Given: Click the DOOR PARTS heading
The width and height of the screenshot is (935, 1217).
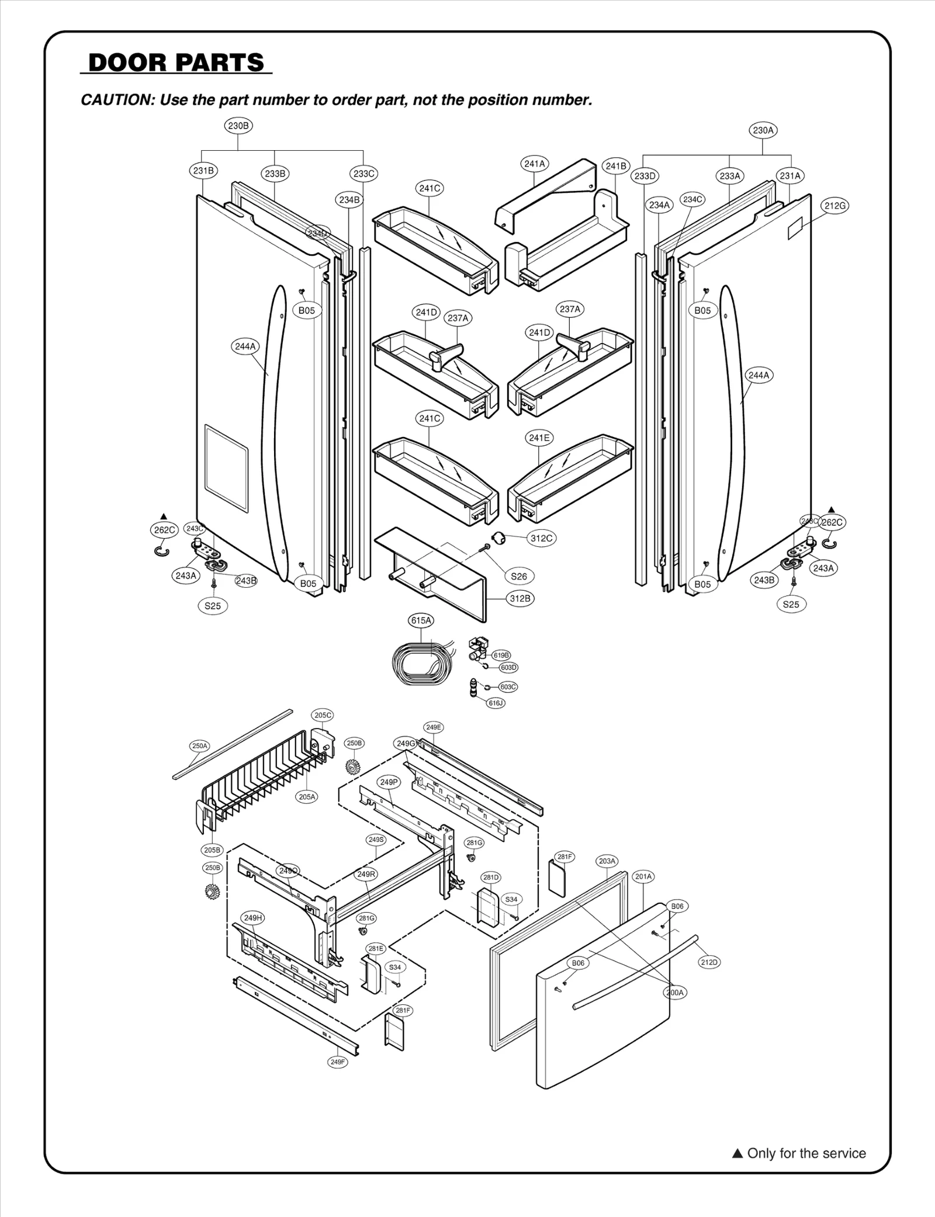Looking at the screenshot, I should pos(176,63).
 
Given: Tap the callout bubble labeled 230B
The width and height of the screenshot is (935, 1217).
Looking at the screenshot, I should pos(238,126).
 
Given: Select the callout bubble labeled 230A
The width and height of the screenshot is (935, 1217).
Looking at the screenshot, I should pos(763,130).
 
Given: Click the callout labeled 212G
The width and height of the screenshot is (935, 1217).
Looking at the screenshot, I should pos(834,206).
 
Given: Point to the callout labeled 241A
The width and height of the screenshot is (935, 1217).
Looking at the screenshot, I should pos(534,164).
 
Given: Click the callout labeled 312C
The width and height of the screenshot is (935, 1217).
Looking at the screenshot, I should pos(541,538).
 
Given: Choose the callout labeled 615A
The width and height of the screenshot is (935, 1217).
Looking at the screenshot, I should pos(421,620).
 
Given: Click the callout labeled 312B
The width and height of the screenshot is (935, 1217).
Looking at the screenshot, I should pos(520,598).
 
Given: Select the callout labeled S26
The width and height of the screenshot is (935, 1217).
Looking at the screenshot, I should pos(518,576).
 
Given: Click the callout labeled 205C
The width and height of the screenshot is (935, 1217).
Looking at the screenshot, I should pos(323,715).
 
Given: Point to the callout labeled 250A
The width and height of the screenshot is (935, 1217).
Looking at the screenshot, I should pos(199,746).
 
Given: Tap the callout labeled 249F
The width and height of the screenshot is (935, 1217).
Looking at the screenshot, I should pos(337,1062).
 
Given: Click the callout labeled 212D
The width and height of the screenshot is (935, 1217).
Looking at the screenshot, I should pos(709,962).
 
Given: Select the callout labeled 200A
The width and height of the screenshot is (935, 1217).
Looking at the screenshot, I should pos(674,992).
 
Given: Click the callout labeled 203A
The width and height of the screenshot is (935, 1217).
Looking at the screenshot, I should pos(607,861).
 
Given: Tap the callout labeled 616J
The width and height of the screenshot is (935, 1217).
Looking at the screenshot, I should pos(496,703).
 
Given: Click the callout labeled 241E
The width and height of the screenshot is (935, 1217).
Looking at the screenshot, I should pos(539,438).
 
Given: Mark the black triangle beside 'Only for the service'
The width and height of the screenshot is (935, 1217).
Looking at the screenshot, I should pos(737,1153).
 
